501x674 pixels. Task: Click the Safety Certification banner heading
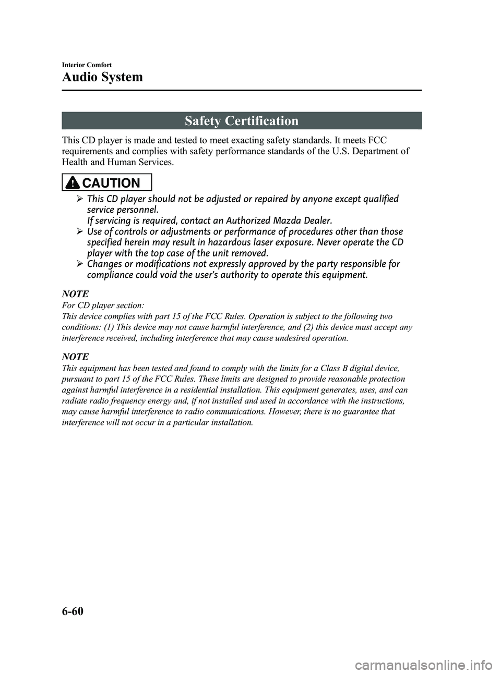point(241,121)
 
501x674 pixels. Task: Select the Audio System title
point(102,77)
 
